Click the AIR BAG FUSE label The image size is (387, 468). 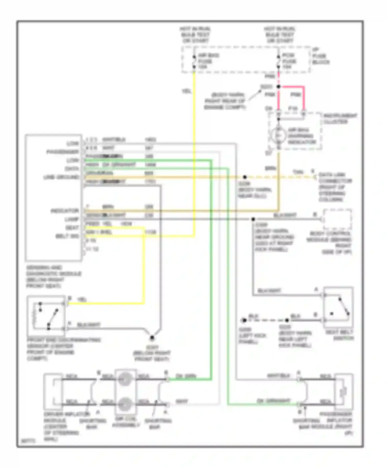[x=205, y=61]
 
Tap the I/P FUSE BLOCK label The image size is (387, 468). [x=321, y=56]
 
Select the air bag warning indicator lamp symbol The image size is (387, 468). [x=278, y=135]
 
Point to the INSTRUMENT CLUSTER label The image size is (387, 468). [x=340, y=119]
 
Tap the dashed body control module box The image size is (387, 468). [x=337, y=220]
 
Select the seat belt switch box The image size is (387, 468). [x=338, y=307]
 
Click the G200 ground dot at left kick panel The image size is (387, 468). [x=244, y=320]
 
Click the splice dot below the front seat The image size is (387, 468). [x=152, y=337]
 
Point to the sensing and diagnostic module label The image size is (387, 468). [x=54, y=277]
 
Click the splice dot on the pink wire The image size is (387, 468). [x=279, y=87]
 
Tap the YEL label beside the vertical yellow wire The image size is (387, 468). [x=186, y=91]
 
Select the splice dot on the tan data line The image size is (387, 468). [x=245, y=177]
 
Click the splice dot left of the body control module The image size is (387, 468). [x=253, y=219]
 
